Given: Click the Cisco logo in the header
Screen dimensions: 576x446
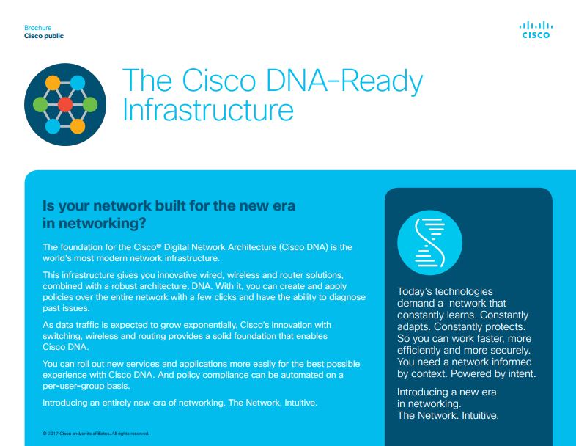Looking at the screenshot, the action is [x=536, y=30].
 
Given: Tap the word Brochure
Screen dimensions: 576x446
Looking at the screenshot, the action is [x=38, y=28].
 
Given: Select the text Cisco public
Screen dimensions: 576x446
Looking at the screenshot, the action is [x=44, y=36].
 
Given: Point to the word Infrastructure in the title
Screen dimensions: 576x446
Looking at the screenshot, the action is [x=208, y=109].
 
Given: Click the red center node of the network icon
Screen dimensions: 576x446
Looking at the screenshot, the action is [x=65, y=105].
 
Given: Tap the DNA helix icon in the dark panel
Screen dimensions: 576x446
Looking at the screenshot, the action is [x=429, y=243].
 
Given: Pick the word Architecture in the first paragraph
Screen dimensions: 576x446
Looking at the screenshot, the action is [x=251, y=247].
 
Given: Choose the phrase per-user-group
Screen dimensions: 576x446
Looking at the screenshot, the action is [x=70, y=387].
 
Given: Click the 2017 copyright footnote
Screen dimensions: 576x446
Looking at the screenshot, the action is [x=96, y=434].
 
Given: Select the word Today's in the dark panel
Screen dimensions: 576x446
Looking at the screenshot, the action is [x=414, y=291].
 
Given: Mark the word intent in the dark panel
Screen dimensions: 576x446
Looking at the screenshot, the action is [x=523, y=374].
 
